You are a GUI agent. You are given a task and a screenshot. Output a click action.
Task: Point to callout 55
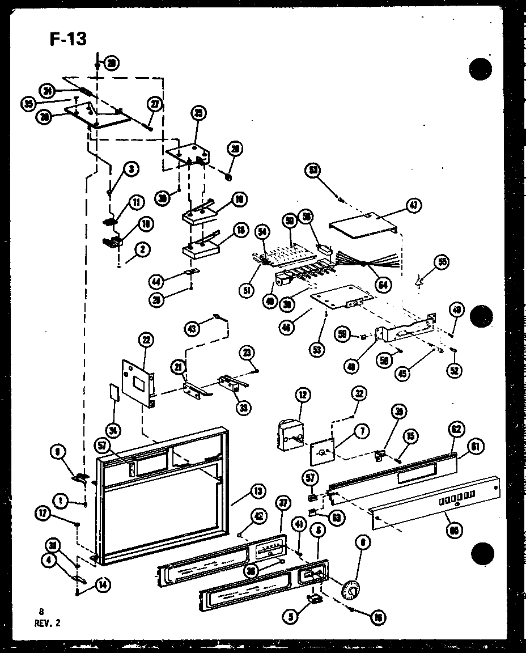click(441, 261)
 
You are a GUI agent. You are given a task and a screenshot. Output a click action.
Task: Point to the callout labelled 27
click(154, 104)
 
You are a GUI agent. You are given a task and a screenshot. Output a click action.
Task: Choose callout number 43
click(193, 328)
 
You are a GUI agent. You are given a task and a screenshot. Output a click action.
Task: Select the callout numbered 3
click(130, 168)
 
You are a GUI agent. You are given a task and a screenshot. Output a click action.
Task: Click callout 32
click(359, 393)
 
